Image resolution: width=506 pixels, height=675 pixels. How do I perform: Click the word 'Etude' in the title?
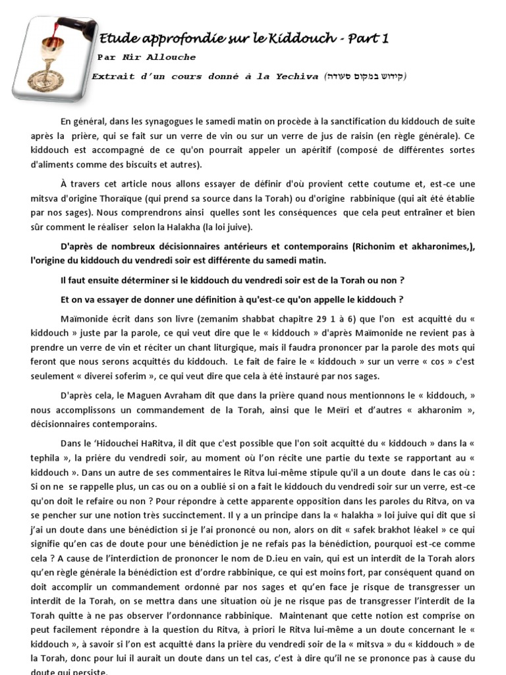pyautogui.click(x=115, y=39)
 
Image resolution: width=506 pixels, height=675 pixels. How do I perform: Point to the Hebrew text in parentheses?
pyautogui.click(x=365, y=76)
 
